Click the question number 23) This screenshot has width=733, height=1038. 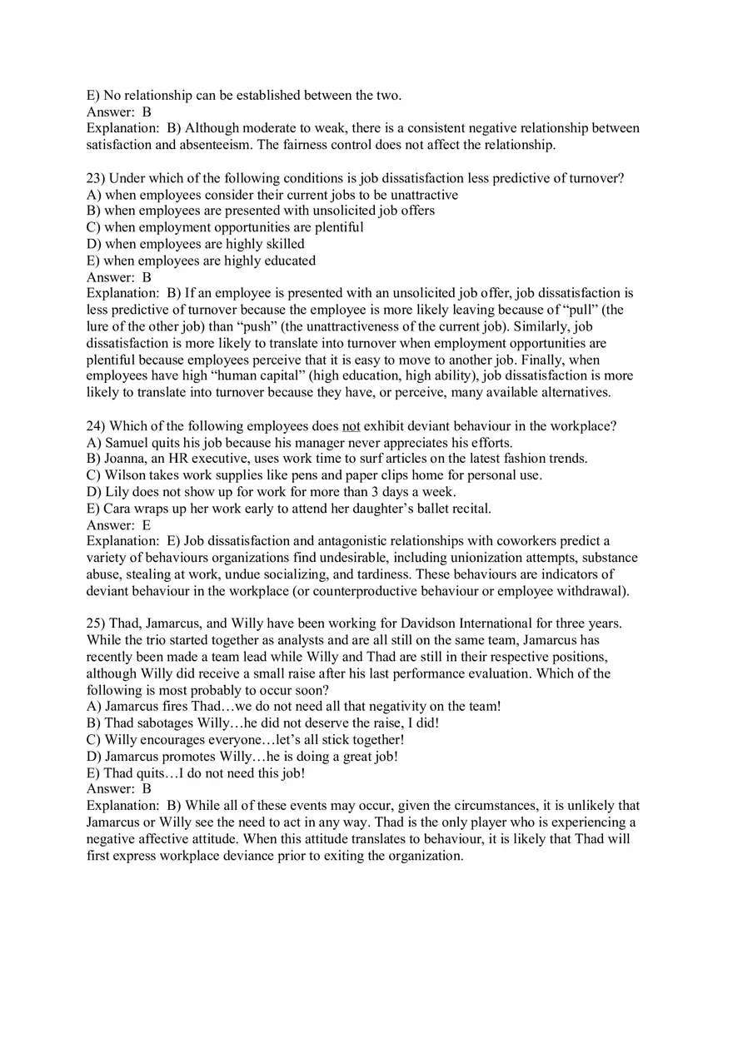pyautogui.click(x=97, y=178)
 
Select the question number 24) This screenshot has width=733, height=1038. pyautogui.click(x=97, y=426)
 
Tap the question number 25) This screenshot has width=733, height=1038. pyautogui.click(x=97, y=623)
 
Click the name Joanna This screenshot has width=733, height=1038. pyautogui.click(x=126, y=459)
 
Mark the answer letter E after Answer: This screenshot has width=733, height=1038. pyautogui.click(x=147, y=525)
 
